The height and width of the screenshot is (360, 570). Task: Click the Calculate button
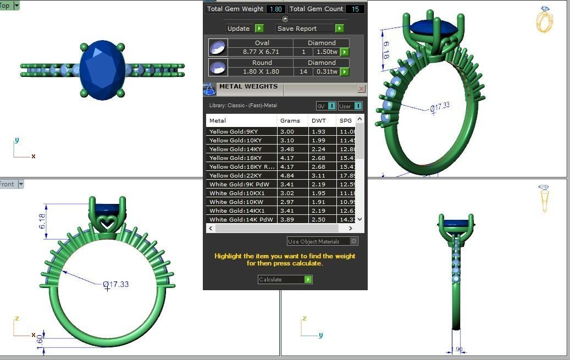click(285, 279)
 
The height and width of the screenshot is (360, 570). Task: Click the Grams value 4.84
click(287, 175)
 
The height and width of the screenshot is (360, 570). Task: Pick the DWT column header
click(318, 120)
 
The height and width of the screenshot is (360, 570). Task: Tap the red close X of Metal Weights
click(361, 88)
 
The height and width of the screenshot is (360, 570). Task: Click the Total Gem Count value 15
click(355, 9)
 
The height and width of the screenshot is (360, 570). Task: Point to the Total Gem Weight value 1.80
click(275, 9)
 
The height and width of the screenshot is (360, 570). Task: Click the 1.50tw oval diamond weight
click(326, 52)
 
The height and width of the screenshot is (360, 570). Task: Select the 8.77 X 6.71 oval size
click(261, 52)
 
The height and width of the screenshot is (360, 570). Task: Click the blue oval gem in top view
click(103, 69)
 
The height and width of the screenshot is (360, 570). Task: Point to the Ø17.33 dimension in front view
click(116, 284)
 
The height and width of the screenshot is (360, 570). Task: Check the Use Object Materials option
click(353, 241)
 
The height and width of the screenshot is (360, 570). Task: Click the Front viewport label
click(8, 184)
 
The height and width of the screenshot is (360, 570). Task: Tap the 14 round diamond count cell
click(303, 71)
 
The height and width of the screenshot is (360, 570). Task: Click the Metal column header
click(218, 120)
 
